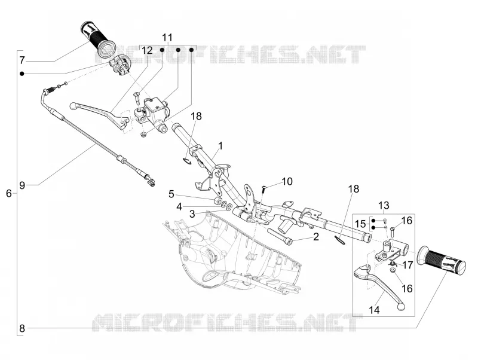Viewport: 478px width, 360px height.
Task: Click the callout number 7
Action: click(x=22, y=60)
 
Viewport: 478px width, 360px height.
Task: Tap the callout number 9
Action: click(x=22, y=185)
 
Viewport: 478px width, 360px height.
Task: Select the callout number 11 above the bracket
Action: click(x=167, y=38)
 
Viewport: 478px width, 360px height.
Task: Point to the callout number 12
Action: click(x=147, y=50)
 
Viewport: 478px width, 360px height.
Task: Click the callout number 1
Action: click(x=220, y=145)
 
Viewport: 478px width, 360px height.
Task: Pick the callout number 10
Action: click(x=287, y=182)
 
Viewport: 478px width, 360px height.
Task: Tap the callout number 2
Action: click(x=316, y=236)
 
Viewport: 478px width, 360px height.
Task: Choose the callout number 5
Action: click(x=171, y=194)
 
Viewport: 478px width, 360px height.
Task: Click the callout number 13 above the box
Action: click(x=384, y=205)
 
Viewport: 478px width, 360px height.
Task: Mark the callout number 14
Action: click(x=375, y=310)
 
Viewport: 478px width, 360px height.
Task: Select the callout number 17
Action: click(x=408, y=265)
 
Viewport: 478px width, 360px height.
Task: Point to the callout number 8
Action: click(x=22, y=328)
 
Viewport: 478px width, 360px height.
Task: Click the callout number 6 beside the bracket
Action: click(x=9, y=193)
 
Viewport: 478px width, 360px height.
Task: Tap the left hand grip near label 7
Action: click(x=97, y=38)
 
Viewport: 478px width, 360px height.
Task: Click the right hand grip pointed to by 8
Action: click(x=442, y=260)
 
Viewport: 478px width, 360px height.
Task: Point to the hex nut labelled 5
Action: click(x=217, y=201)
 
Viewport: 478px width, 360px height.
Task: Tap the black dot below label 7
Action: click(x=22, y=74)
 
